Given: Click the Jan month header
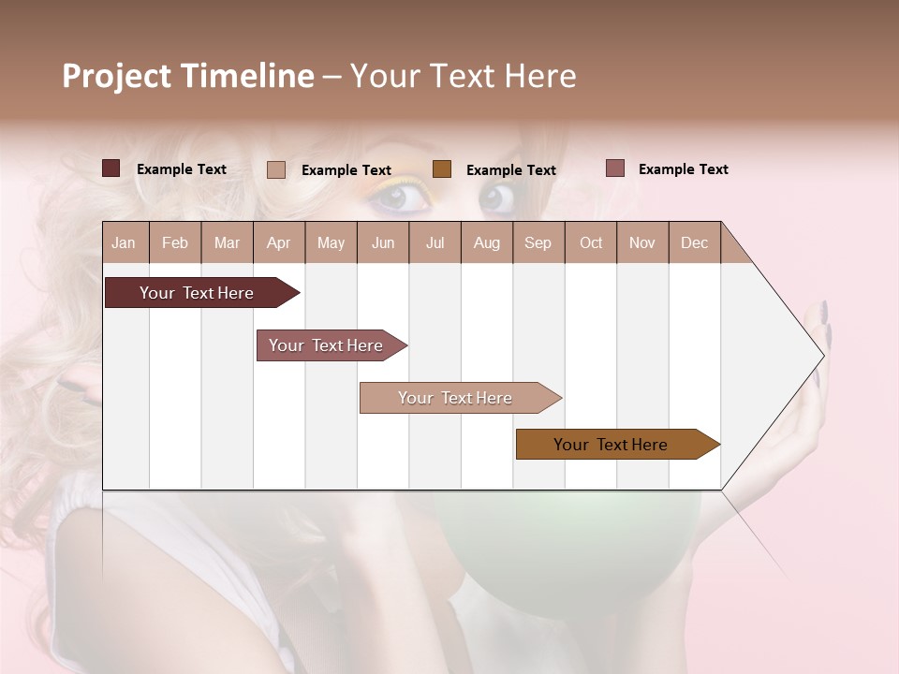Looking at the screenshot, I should coord(124,242).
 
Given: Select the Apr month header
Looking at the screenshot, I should coord(278,242).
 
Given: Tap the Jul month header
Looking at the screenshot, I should coord(435,242).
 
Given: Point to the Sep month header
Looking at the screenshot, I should coord(538,242).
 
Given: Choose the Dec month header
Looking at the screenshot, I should coord(694,242).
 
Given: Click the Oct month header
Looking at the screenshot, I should coord(591,242).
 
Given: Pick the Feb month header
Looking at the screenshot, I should coord(175,242).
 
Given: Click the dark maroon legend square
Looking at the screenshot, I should coord(111,168).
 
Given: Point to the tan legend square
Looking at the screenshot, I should coord(275,169).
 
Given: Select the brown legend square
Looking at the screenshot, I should coord(442,169).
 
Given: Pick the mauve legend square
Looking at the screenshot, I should coord(614,168).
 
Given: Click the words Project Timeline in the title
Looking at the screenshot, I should coord(187,76).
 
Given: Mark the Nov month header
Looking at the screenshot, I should coord(642,242).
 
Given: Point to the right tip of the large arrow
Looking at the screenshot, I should coord(823,356).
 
